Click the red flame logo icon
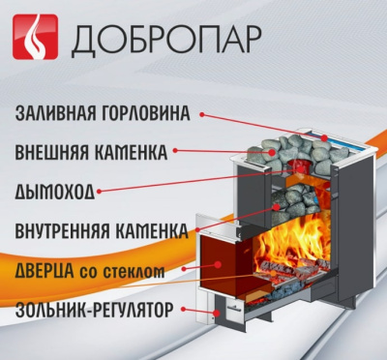[33, 39]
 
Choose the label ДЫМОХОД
[55, 192]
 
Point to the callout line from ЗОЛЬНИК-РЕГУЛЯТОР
[203, 312]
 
